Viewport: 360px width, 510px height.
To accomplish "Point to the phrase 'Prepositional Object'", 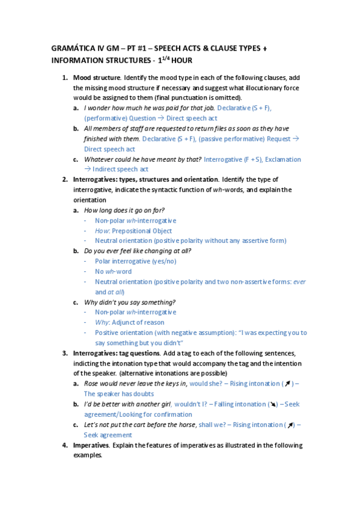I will [x=142, y=230].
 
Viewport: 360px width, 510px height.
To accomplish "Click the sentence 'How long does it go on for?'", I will [x=124, y=210].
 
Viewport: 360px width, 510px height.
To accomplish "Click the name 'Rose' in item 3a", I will [x=91, y=383].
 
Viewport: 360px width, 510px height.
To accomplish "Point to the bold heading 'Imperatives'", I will [x=91, y=445].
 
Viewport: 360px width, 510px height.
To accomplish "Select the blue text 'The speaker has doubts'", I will [x=119, y=393].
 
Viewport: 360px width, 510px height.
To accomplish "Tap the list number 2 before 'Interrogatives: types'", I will [x=65, y=179].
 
